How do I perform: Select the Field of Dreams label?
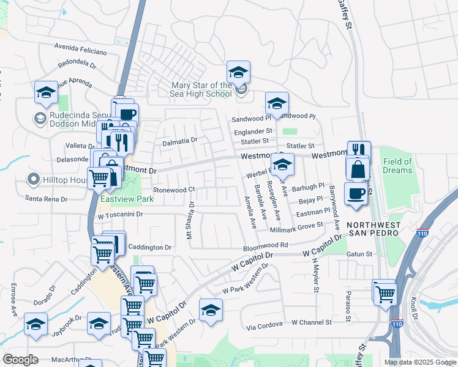click(397, 166)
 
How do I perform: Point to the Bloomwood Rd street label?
click(265, 245)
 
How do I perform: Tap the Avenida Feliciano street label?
click(80, 46)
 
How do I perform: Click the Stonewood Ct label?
click(173, 190)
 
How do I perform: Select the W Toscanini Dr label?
click(120, 215)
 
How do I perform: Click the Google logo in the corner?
click(20, 359)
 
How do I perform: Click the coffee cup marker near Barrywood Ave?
click(356, 193)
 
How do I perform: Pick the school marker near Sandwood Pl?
click(277, 103)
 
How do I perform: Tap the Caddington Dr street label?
click(150, 247)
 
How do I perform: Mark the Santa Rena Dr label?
click(48, 198)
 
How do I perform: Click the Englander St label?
click(252, 131)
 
